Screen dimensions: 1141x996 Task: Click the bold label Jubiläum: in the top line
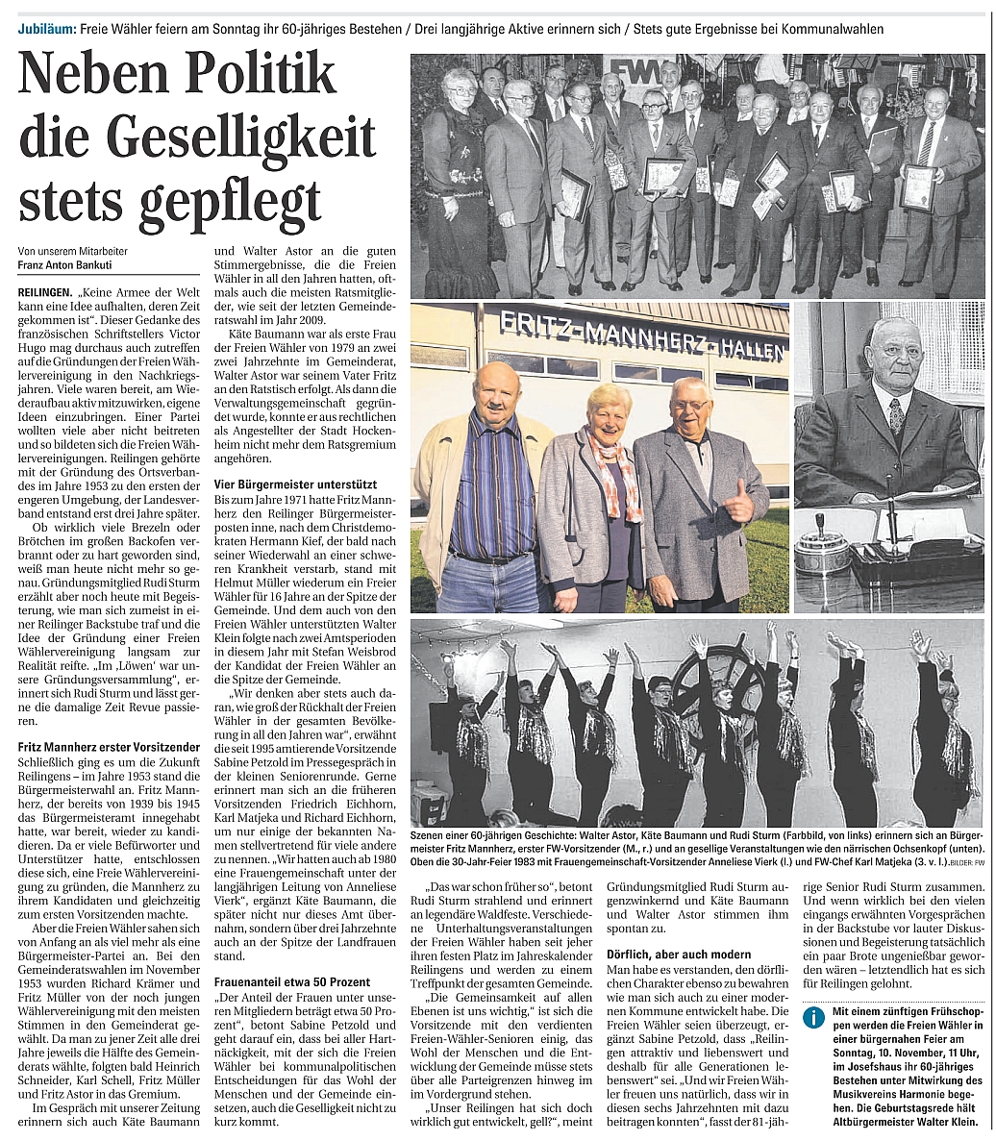pyautogui.click(x=47, y=30)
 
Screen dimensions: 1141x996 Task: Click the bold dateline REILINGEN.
pyautogui.click(x=49, y=288)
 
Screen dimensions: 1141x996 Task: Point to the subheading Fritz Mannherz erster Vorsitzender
pyautogui.click(x=109, y=747)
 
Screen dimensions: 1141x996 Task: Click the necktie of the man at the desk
pyautogui.click(x=896, y=416)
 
